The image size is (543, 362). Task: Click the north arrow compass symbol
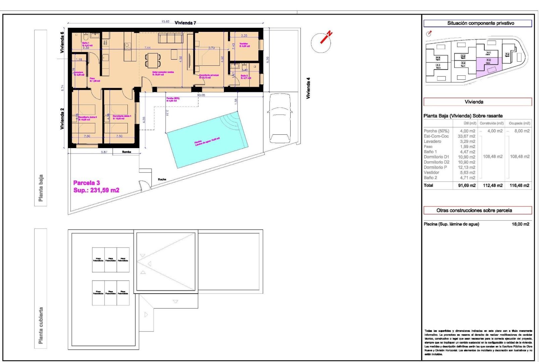[x=321, y=42]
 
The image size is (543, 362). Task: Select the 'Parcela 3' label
[x=86, y=183]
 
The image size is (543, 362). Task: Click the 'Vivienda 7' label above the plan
[x=185, y=23]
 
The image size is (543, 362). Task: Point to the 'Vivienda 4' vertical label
[x=308, y=88]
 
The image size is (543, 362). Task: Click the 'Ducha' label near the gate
[x=162, y=179]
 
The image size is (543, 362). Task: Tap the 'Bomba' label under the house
[x=126, y=152]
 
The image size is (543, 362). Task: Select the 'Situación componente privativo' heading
[x=480, y=23]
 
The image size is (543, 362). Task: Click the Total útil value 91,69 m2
[x=467, y=185]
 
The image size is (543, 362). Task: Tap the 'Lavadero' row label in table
[x=432, y=141]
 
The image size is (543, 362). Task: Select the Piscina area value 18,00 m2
[x=520, y=224]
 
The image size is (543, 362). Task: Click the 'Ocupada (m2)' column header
[x=519, y=123]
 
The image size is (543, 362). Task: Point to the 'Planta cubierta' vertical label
[x=41, y=325]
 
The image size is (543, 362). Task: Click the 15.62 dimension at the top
[x=165, y=21]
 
